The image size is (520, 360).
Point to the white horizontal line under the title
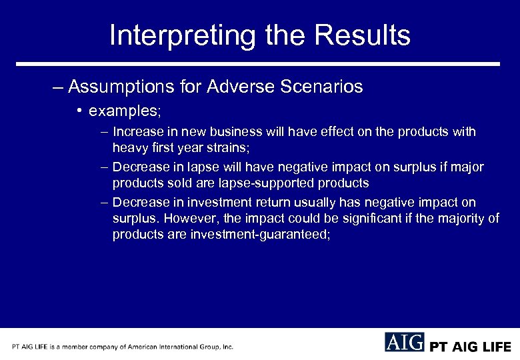click(258, 64)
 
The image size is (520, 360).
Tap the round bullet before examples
click(79, 109)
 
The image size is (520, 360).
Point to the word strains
click(227, 147)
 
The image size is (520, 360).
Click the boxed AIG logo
click(404, 342)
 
